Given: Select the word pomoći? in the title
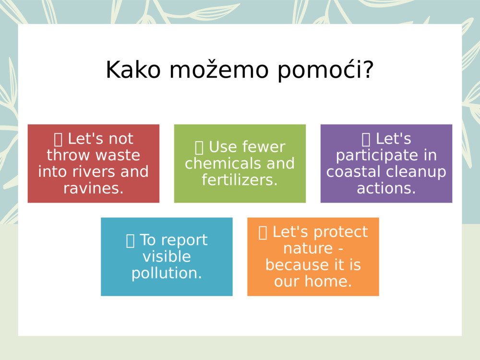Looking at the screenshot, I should click(x=325, y=71).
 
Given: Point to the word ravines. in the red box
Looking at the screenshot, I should click(x=94, y=188).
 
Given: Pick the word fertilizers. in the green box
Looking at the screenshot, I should click(x=240, y=180).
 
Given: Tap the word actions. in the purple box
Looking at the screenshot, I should click(x=386, y=188).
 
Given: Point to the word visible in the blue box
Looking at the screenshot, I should click(x=167, y=256).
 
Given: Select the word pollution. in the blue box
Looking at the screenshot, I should click(x=167, y=273).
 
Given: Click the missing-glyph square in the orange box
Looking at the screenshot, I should click(x=263, y=232).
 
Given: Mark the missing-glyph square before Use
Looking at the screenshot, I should click(x=200, y=147).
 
